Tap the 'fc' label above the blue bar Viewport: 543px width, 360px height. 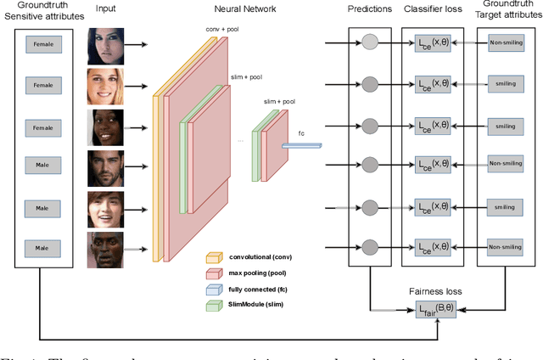point(301,132)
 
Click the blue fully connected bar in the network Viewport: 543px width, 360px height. point(302,145)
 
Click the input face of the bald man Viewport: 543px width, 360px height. point(106,250)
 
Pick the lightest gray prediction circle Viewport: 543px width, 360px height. point(370,43)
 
